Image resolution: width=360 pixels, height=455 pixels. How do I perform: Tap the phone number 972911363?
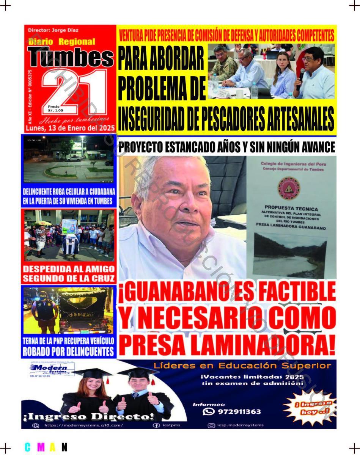click(239, 411)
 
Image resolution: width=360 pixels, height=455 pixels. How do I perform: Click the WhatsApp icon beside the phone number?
click(208, 411)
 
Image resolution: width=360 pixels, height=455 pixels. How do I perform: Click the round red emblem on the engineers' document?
click(289, 188)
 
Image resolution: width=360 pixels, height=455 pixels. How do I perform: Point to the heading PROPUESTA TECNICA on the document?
click(291, 208)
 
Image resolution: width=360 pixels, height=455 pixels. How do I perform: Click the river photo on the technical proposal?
click(290, 254)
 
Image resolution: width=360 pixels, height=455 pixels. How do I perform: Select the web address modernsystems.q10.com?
click(83, 425)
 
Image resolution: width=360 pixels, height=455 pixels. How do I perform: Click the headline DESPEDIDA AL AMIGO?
click(69, 269)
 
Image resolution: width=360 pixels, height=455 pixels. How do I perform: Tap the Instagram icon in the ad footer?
click(211, 425)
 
